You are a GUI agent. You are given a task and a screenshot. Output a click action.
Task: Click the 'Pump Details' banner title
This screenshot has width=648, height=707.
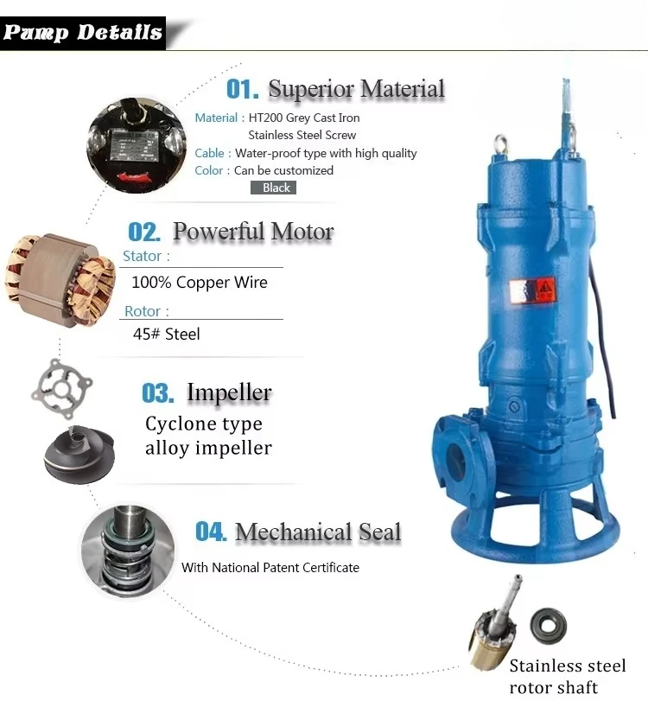83,33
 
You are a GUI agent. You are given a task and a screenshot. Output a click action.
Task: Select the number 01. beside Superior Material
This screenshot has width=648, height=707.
242,89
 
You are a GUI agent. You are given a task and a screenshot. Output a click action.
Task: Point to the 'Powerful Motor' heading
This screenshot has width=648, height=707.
252,232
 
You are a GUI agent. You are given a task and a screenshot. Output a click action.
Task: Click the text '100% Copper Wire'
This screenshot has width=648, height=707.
200,283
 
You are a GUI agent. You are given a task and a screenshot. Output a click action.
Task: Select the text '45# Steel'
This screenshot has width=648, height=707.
166,334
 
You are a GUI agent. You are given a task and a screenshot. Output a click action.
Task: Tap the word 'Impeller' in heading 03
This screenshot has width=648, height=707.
229,393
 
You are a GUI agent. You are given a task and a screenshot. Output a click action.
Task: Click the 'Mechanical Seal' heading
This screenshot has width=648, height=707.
317,532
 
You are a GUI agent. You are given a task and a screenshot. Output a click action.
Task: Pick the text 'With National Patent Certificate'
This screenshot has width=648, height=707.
270,568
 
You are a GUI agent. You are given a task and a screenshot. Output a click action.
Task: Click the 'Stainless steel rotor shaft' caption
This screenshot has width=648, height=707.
567,677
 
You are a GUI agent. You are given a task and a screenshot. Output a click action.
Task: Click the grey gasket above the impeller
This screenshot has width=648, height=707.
64,390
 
